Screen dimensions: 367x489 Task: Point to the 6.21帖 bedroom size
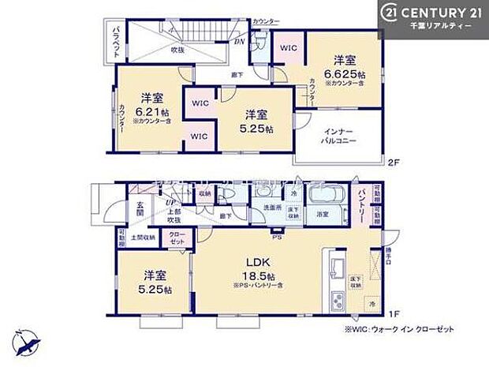point(151,111)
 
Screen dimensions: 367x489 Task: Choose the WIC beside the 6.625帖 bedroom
point(287,47)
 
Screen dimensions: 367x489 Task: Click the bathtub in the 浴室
point(323,196)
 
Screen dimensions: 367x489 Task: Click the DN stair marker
point(238,42)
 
